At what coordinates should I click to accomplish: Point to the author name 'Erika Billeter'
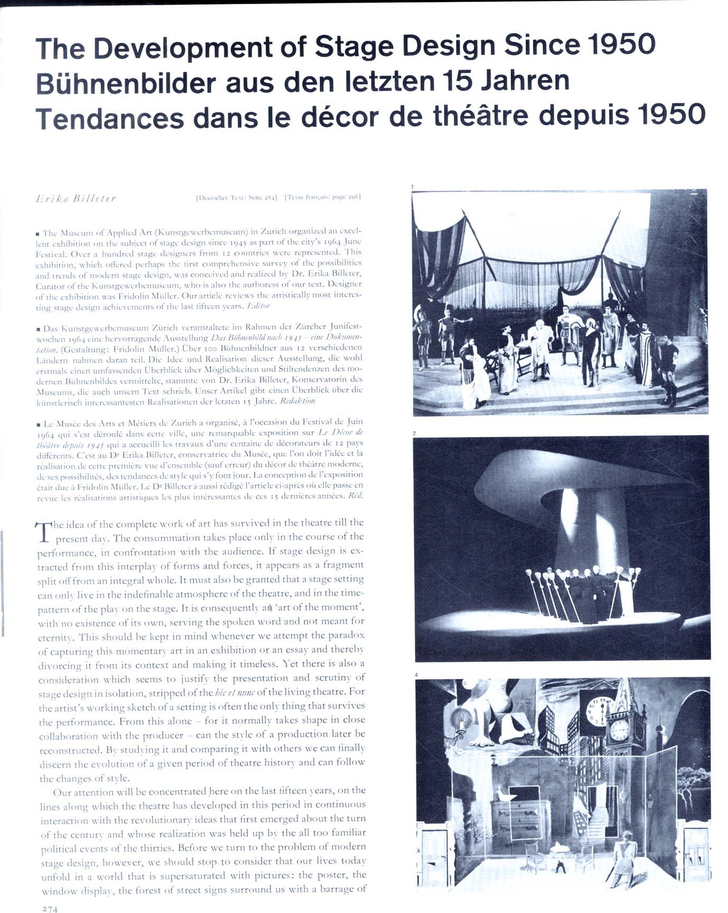coord(76,199)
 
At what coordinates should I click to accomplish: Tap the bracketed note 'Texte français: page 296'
coord(322,198)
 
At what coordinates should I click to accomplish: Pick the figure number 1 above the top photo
coord(413,187)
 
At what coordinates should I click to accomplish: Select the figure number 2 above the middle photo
coord(414,433)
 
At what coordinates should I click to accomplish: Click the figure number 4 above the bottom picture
coord(417,675)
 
